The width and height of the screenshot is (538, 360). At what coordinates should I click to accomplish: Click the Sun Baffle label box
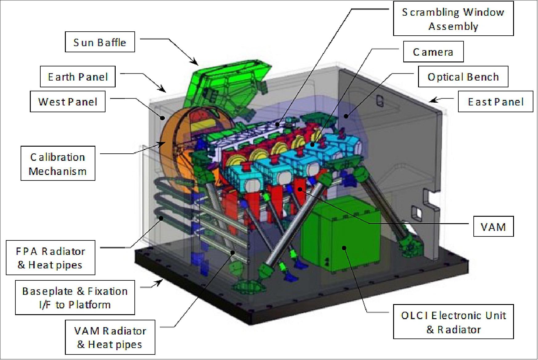100,42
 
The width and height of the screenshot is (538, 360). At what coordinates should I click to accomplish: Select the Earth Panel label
78,77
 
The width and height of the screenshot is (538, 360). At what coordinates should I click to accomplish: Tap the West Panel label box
67,101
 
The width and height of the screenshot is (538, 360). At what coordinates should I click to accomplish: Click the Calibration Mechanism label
58,163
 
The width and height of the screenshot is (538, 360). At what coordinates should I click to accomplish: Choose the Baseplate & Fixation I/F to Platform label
75,297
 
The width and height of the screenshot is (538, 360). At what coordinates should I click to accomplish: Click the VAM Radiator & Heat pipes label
110,337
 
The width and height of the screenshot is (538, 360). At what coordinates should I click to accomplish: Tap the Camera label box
433,52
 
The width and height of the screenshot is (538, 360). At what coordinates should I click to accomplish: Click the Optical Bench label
463,77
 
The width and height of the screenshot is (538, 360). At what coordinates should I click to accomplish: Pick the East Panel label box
495,101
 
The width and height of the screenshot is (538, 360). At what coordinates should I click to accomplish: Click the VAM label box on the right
493,227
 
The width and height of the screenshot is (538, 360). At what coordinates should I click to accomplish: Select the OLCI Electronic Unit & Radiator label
453,322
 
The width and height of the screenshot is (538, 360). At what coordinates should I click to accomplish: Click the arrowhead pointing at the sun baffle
195,63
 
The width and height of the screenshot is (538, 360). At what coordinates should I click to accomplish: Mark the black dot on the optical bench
346,116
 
